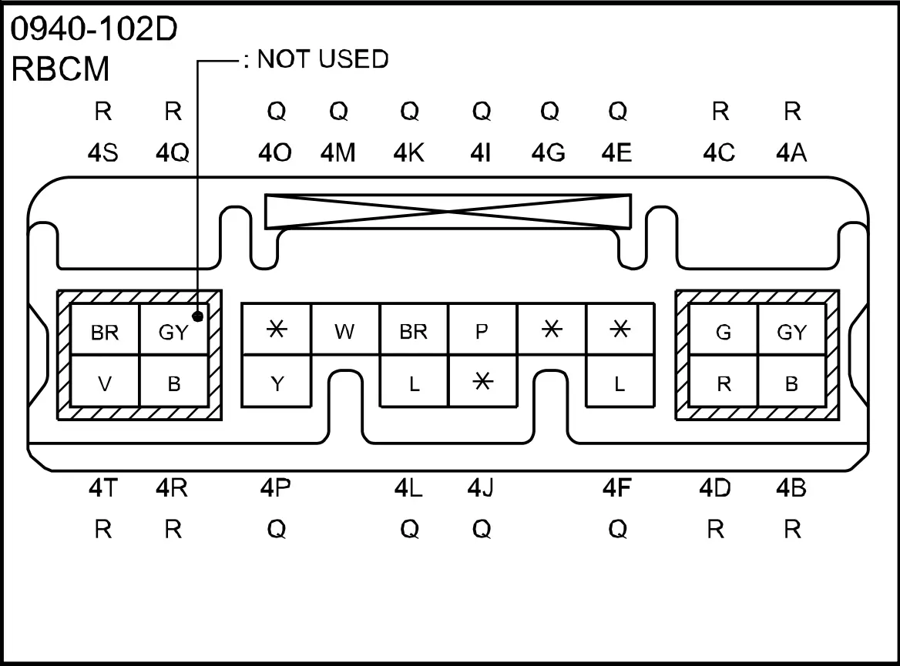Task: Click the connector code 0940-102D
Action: pyautogui.click(x=94, y=28)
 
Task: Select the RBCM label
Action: pyautogui.click(x=60, y=69)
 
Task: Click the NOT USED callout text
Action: pyautogui.click(x=323, y=59)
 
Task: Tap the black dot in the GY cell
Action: pyautogui.click(x=198, y=316)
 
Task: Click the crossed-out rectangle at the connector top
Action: pyautogui.click(x=448, y=212)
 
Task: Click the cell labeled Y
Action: pyautogui.click(x=277, y=381)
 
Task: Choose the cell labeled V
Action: pyautogui.click(x=105, y=381)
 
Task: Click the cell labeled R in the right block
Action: pyautogui.click(x=724, y=381)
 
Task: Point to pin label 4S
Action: pyautogui.click(x=103, y=152)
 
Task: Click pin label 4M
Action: pyautogui.click(x=338, y=152)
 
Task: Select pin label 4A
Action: pyautogui.click(x=791, y=152)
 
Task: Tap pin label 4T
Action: pyautogui.click(x=103, y=487)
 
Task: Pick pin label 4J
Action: pyautogui.click(x=480, y=487)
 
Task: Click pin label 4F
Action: pyautogui.click(x=617, y=487)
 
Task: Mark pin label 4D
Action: pyautogui.click(x=715, y=487)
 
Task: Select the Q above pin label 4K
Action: pyautogui.click(x=409, y=111)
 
